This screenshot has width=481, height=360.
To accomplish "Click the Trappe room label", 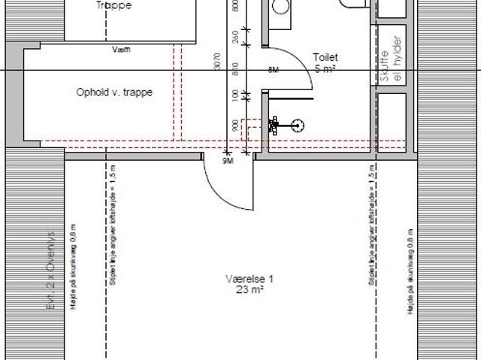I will pyautogui.click(x=114, y=5).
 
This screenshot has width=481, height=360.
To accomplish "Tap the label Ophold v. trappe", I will pyautogui.click(x=115, y=92).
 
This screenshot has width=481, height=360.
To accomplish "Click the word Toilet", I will pyautogui.click(x=325, y=57).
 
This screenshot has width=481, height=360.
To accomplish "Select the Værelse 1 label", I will pyautogui.click(x=250, y=279).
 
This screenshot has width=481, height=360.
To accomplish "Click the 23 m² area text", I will pyautogui.click(x=250, y=289).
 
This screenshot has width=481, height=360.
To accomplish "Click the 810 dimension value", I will pyautogui.click(x=236, y=68).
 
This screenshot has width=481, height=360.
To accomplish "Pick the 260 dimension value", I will pyautogui.click(x=236, y=35).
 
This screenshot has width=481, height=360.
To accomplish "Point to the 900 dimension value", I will pyautogui.click(x=236, y=126).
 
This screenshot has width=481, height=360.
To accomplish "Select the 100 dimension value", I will pyautogui.click(x=236, y=96).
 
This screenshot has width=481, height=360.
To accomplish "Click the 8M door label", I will pyautogui.click(x=273, y=70).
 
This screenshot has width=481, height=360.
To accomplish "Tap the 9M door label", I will pyautogui.click(x=228, y=161).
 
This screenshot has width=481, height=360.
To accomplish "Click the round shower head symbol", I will pyautogui.click(x=298, y=126).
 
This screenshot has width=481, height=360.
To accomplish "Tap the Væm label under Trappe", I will pyautogui.click(x=120, y=50).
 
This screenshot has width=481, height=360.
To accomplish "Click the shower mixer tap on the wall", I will pyautogui.click(x=276, y=125).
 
